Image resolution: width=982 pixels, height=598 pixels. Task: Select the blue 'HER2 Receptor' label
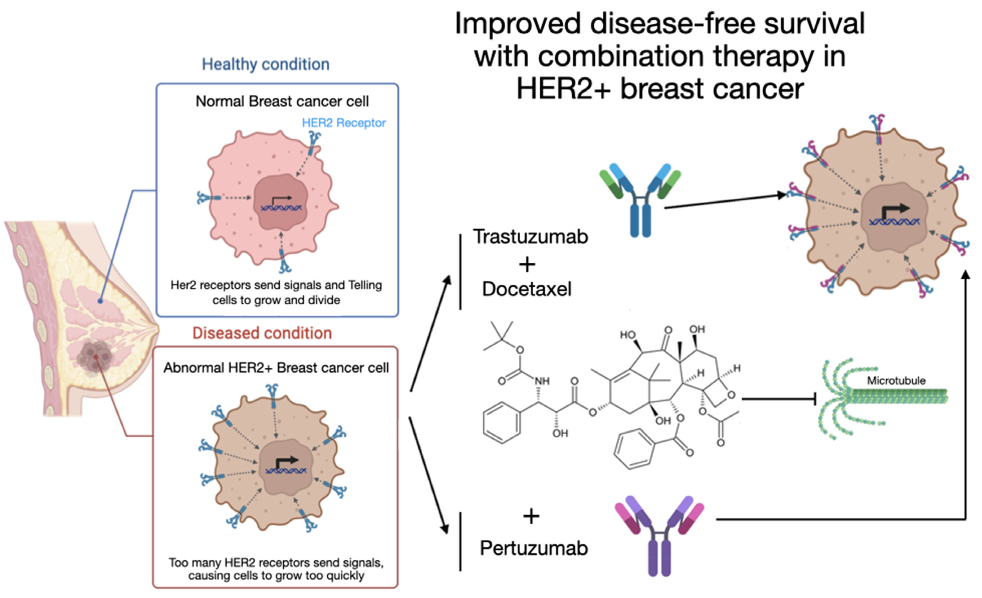[344, 123]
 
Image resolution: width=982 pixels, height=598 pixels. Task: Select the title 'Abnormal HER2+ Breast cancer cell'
[276, 368]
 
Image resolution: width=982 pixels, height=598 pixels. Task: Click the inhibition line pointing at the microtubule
[777, 399]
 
